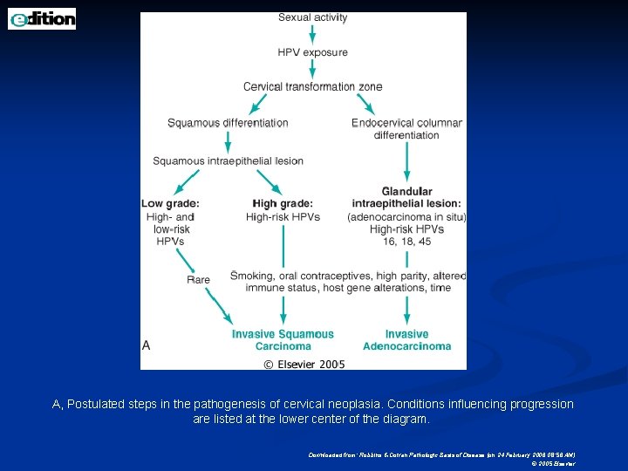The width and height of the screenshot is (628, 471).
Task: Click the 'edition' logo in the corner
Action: [x=42, y=18]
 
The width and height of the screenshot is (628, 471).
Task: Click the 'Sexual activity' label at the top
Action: [x=312, y=17]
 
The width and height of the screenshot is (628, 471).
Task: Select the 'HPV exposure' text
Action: [x=312, y=52]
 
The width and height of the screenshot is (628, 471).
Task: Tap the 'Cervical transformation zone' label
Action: [x=312, y=86]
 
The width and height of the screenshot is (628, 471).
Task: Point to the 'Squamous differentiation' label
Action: [x=228, y=123]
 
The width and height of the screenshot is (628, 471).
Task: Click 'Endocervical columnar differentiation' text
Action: [x=406, y=128]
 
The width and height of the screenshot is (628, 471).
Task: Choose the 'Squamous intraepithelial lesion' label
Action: [x=228, y=160]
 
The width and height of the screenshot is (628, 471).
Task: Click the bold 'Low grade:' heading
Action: [x=170, y=204]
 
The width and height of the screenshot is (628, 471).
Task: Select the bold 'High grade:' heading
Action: [x=282, y=204]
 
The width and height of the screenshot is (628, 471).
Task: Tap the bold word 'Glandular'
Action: [x=406, y=192]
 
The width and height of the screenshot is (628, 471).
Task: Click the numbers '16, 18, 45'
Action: [x=406, y=241]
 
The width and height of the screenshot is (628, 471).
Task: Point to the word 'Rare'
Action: [x=198, y=280]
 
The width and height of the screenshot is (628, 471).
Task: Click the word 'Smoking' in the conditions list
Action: [x=251, y=276]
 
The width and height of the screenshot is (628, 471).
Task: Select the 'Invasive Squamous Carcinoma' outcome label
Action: [x=283, y=340]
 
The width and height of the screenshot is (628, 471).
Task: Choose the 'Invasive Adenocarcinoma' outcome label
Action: [x=406, y=340]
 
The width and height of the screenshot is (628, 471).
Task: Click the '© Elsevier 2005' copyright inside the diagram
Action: [x=304, y=364]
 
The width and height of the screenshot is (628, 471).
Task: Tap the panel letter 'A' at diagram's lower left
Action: [x=147, y=345]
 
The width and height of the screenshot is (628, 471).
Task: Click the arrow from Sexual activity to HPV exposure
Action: [x=312, y=35]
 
